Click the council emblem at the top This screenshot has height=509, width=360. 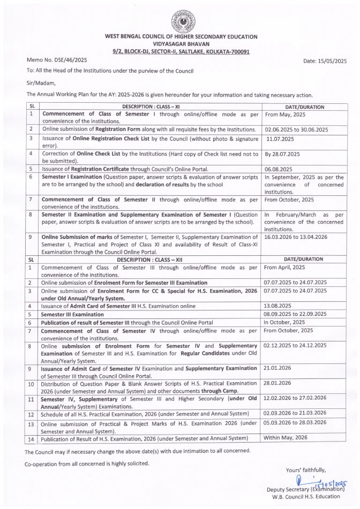180,21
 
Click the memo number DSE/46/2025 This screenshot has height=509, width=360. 57,60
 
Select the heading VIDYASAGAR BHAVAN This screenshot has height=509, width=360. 180,43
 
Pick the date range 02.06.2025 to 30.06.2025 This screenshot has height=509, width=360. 296,130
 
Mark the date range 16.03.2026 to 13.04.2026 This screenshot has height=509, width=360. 296,236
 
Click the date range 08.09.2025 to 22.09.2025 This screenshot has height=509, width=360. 295,314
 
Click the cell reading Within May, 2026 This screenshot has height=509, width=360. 286,437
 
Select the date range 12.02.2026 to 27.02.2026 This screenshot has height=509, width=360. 295,398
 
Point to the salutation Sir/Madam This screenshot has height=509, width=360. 41,82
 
